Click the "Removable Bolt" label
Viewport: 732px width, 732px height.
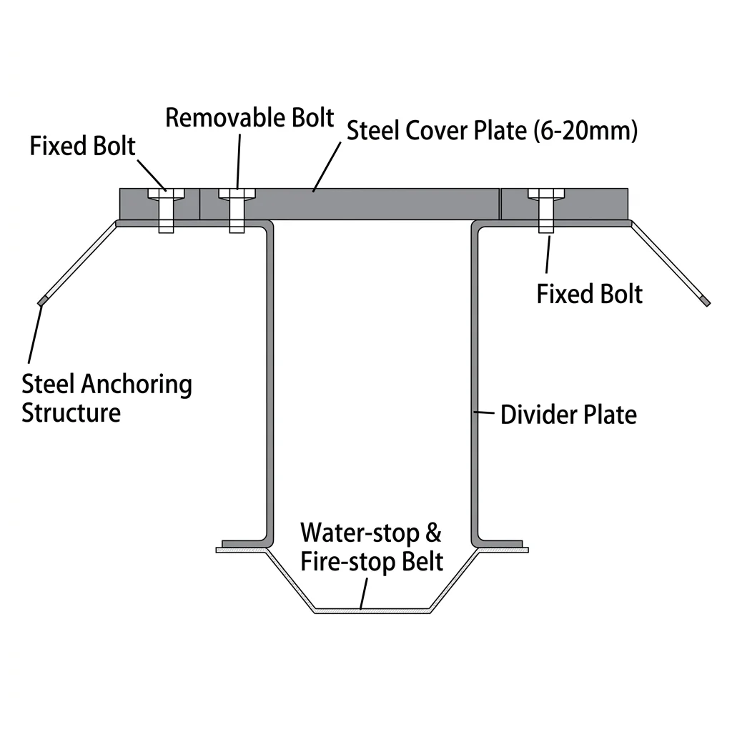pos(249,118)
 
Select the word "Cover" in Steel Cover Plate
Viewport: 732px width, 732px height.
pos(440,131)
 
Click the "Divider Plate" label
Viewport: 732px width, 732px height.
pos(568,414)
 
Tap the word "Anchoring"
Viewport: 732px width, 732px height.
pos(136,385)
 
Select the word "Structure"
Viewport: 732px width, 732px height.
pos(71,412)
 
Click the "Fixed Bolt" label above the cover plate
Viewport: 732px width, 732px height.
pos(82,146)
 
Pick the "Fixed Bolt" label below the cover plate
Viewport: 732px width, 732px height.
pos(589,294)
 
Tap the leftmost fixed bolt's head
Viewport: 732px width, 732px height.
pos(166,194)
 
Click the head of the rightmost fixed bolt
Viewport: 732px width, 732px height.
pos(546,194)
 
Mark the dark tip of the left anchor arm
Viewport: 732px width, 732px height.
pos(41,302)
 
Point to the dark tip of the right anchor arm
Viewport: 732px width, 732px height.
pos(706,303)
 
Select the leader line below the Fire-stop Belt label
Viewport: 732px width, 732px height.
pos(365,593)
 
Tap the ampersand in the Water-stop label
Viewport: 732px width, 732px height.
pos(434,534)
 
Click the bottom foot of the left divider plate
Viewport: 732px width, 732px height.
pos(244,543)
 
